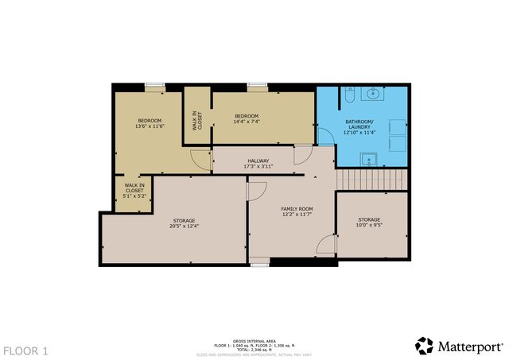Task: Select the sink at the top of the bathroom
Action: (373, 94)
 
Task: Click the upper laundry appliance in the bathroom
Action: (398, 126)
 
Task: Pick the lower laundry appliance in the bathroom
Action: (398, 144)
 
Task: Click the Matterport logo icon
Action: (424, 345)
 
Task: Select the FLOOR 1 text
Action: (26, 350)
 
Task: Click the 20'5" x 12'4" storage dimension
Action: (185, 226)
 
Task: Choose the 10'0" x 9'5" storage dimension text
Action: (369, 225)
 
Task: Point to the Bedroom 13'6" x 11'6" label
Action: (149, 123)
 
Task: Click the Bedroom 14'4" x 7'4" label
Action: (247, 118)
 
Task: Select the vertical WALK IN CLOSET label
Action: (198, 119)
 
